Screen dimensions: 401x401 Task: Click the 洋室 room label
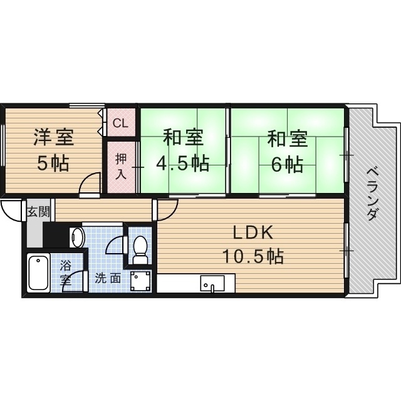pos(53,137)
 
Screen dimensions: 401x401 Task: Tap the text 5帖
pos(53,164)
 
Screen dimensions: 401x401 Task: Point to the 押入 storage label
pos(121,165)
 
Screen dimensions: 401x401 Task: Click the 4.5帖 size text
pos(182,164)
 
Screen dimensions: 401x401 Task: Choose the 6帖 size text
pos(288,164)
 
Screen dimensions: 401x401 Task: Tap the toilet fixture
pos(140,248)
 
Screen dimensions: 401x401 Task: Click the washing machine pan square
pos(140,280)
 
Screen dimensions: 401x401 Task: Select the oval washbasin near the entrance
pos(78,238)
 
